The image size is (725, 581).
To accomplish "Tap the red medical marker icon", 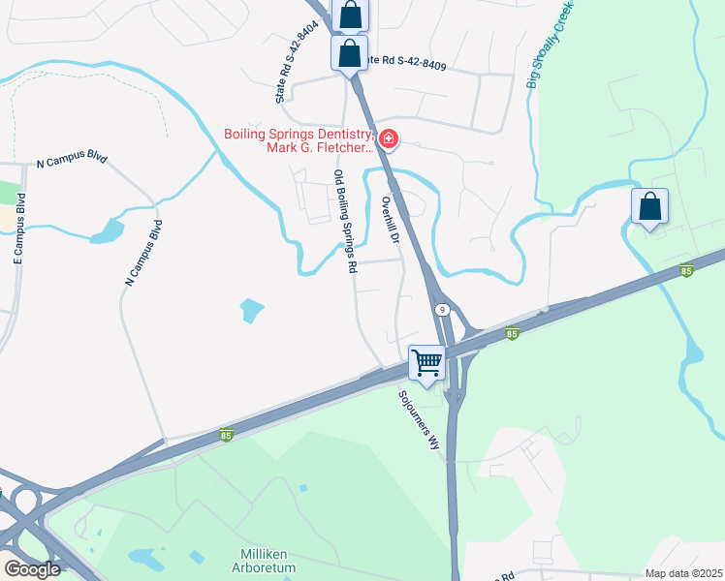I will tap(388, 140).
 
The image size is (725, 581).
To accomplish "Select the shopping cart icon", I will tap(426, 362).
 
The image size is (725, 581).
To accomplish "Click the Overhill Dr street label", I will tap(392, 220).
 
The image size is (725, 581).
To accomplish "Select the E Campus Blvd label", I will tap(19, 229).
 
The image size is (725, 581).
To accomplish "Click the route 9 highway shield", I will tap(442, 310).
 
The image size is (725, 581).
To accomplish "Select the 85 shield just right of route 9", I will tap(512, 334).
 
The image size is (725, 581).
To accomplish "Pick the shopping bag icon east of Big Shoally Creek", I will tap(649, 206).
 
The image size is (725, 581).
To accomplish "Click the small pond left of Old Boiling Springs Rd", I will tap(251, 311).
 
